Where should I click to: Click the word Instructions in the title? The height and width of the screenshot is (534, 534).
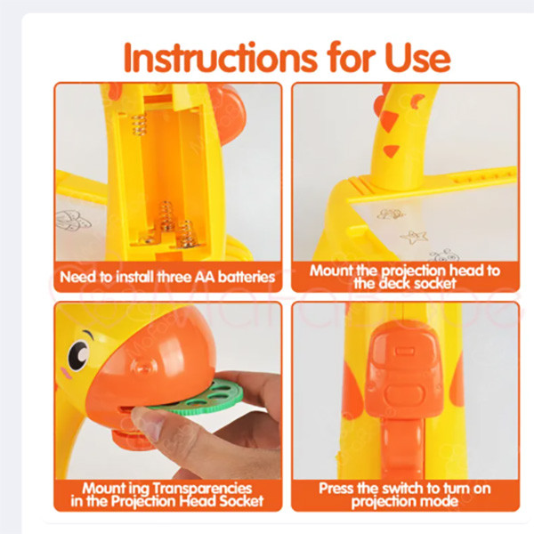click(x=221, y=58)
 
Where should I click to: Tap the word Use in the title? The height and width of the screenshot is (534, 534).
click(x=418, y=58)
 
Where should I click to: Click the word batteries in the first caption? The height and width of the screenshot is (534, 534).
click(x=247, y=277)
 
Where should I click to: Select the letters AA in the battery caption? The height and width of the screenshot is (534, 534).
click(x=205, y=277)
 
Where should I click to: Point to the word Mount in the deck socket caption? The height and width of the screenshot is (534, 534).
click(x=331, y=271)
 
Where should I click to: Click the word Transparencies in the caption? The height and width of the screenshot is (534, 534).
click(x=202, y=489)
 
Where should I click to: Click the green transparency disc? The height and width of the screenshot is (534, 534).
click(x=201, y=397)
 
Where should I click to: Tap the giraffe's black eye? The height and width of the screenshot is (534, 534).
click(x=78, y=355)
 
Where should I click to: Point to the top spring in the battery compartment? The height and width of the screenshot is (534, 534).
click(x=139, y=125)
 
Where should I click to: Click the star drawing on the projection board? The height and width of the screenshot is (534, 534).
click(x=414, y=237)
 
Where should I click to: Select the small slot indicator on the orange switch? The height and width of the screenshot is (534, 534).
click(x=403, y=350)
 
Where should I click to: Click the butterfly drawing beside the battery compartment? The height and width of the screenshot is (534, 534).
click(x=73, y=221)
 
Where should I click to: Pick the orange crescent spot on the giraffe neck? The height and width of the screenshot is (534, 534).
click(x=417, y=101)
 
